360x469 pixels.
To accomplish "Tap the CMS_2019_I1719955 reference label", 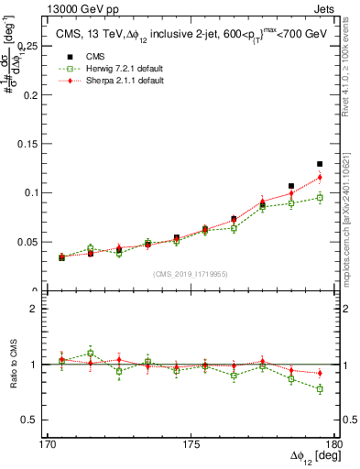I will pyautogui.click(x=190, y=274).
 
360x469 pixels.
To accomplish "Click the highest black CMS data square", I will pyautogui.click(x=320, y=164).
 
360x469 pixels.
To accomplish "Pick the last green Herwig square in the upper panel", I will pyautogui.click(x=320, y=198).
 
